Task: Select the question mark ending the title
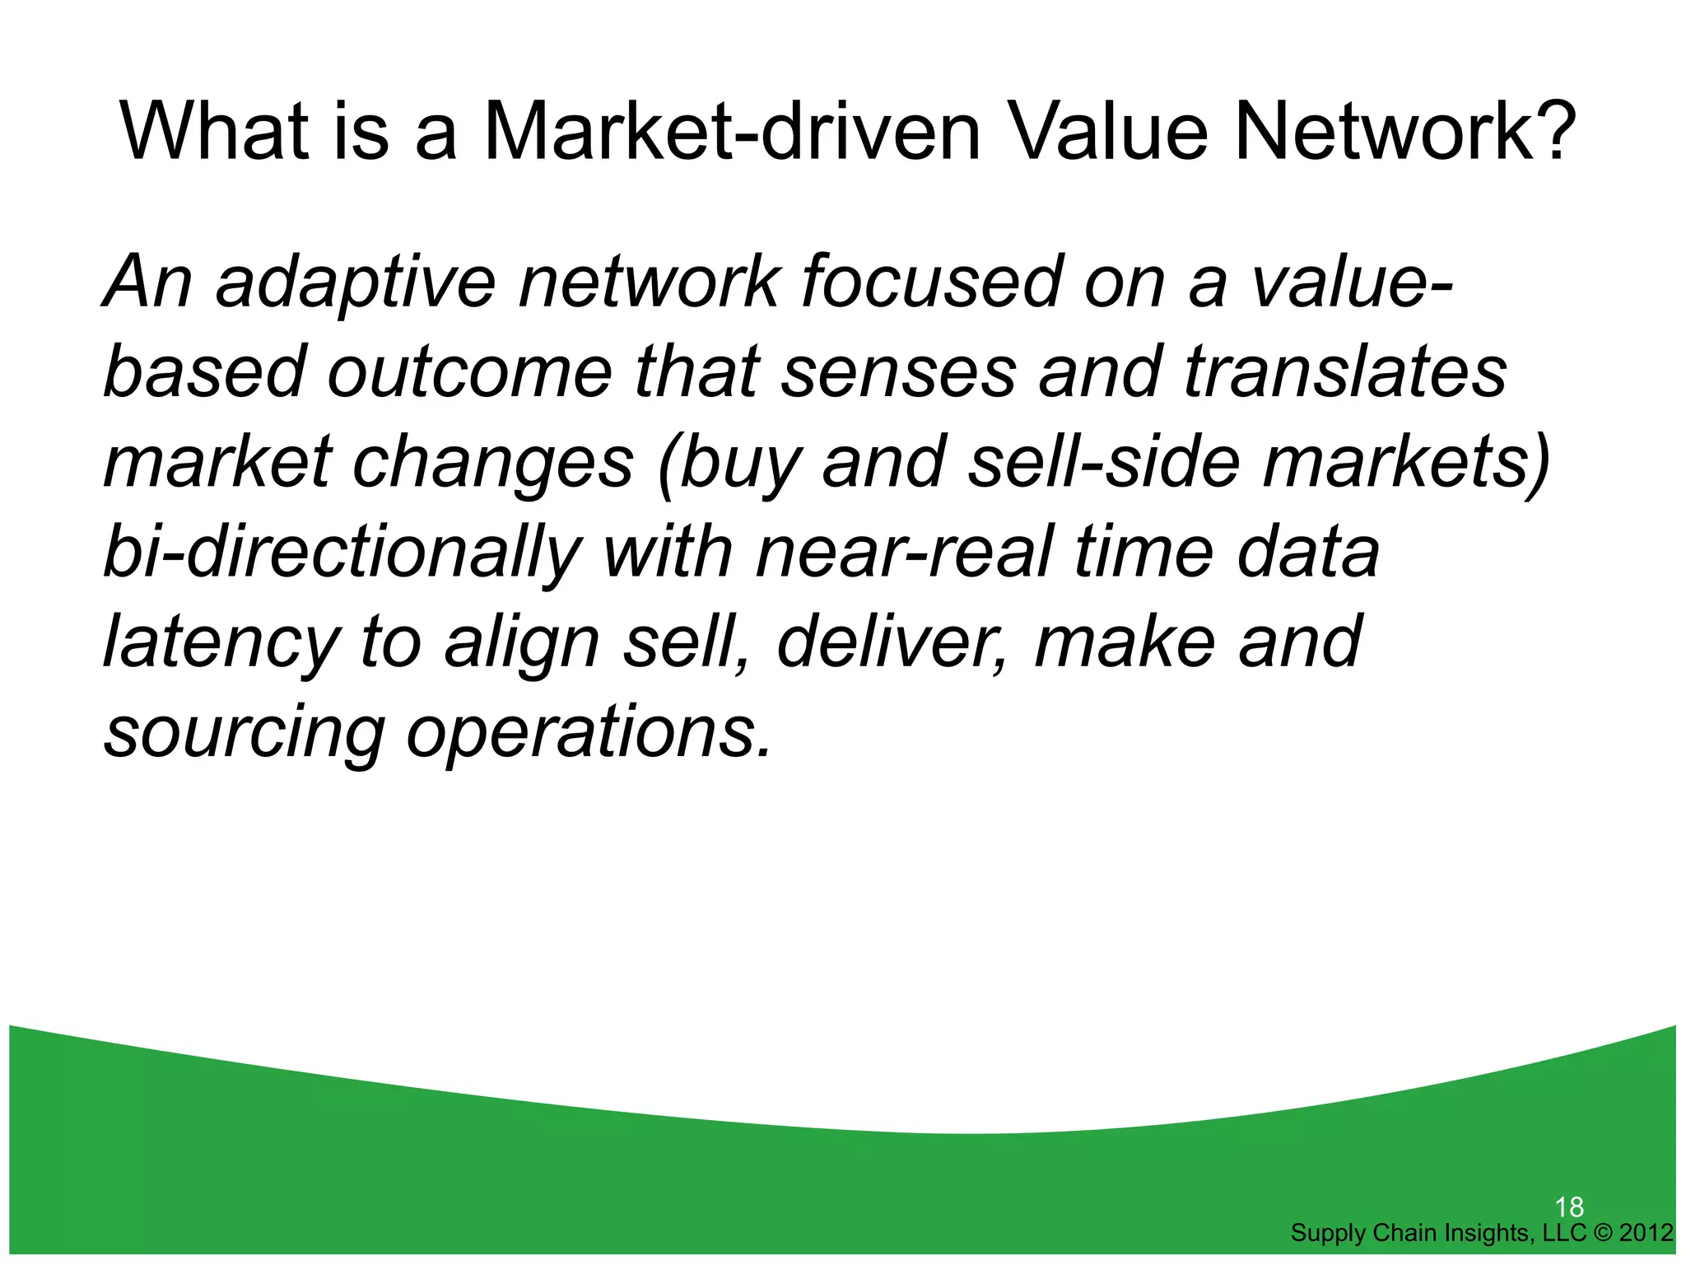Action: (x=1553, y=132)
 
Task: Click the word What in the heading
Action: (x=214, y=132)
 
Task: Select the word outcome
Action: (x=469, y=372)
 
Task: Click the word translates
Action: (x=1345, y=372)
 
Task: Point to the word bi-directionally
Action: (x=342, y=553)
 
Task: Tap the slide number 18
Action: (x=1569, y=1207)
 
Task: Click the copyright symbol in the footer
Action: (x=1602, y=1233)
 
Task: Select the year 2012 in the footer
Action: (x=1646, y=1233)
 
